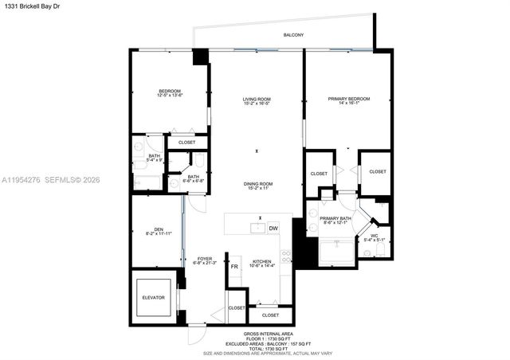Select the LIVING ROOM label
click(257, 100)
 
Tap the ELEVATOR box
click(153, 297)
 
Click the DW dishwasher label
click(273, 229)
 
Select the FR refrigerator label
click(234, 267)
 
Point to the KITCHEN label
click(263, 261)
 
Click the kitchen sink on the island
click(257, 229)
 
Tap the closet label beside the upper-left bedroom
click(186, 143)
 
